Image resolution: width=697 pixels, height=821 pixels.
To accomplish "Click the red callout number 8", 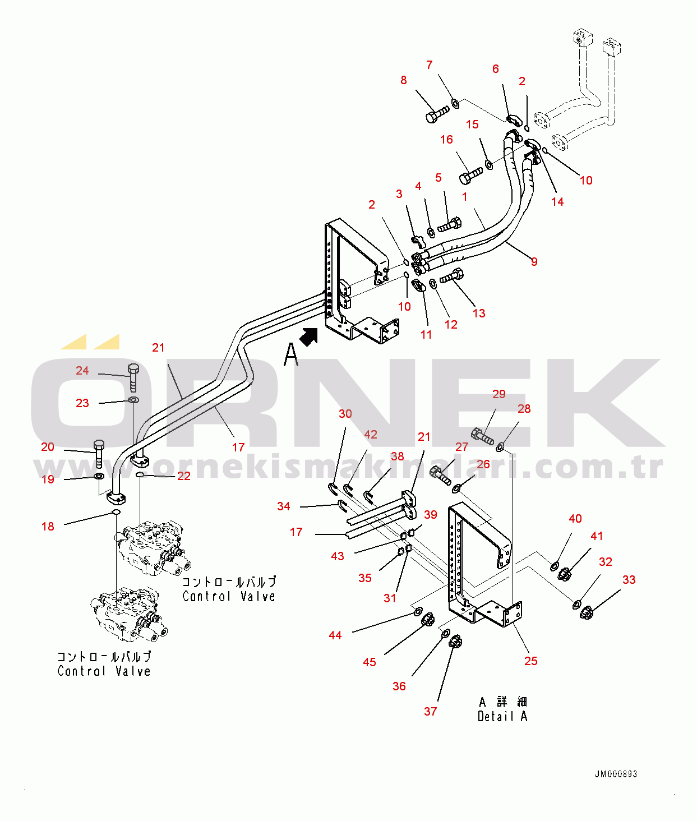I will click(403, 80).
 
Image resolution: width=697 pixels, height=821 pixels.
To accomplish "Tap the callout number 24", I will click(82, 371).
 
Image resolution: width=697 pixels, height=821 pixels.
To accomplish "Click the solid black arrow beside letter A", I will click(308, 336).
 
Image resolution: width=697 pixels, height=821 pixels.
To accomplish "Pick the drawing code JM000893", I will click(616, 774).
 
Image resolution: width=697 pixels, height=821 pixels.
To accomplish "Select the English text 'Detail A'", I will click(502, 716).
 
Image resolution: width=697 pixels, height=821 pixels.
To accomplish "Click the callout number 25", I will click(530, 661).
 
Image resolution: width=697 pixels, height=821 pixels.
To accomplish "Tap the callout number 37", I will click(430, 711).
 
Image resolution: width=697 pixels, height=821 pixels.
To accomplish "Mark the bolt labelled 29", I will click(482, 436).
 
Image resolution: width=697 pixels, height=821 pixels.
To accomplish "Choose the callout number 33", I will click(629, 579).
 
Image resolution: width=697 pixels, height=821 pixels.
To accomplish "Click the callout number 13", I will click(478, 313).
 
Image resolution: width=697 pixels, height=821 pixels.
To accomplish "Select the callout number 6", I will click(495, 68).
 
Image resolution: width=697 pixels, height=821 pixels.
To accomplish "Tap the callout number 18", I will click(48, 526).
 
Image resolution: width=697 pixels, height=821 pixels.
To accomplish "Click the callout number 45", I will click(369, 662).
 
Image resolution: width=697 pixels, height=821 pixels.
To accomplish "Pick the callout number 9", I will click(534, 261).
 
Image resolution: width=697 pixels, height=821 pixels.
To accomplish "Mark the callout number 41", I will click(597, 536).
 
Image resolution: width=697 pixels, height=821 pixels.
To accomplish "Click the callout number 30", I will click(345, 413).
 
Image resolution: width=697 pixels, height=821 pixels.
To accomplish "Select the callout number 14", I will click(557, 201).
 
